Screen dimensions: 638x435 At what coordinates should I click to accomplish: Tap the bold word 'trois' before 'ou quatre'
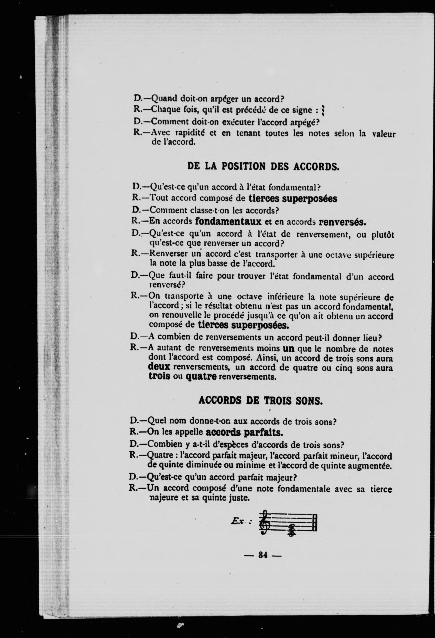[x=159, y=376]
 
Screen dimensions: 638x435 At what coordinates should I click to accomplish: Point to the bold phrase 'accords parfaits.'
[x=244, y=433]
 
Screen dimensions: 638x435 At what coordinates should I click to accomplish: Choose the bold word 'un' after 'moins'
[x=288, y=349]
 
